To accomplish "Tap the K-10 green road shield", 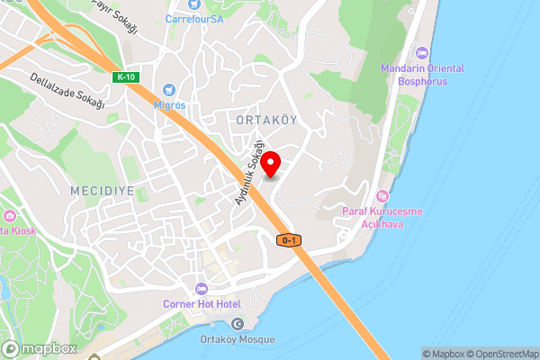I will pos(125,77).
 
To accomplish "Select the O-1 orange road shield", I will pos(289,239).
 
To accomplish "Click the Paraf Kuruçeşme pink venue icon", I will pos(382,196).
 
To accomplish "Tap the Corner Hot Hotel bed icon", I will pos(201,289).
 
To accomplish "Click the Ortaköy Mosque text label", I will pos(238,339).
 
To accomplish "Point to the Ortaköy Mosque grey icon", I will pos(238,324).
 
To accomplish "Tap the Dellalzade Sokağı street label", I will pos(67,92).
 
